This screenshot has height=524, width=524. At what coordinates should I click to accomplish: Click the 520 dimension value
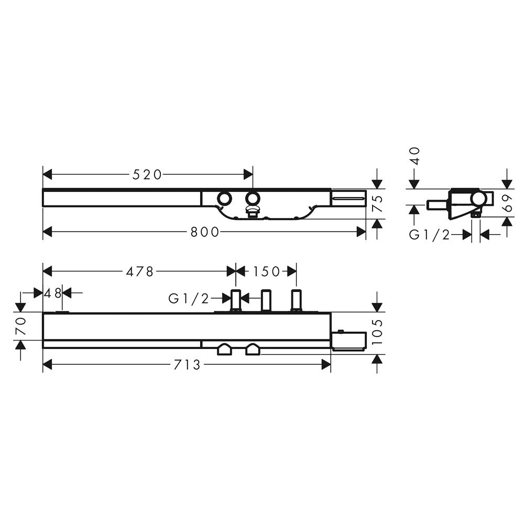click(147, 174)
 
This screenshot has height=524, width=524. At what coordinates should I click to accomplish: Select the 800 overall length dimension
click(204, 232)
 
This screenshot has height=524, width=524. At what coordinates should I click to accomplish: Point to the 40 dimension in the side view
click(415, 156)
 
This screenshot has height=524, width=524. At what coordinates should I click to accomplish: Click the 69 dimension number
click(507, 202)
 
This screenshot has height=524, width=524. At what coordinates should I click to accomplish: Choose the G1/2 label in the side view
click(430, 235)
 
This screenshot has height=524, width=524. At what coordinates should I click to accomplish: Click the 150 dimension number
click(267, 271)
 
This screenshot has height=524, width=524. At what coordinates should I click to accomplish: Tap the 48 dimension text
click(53, 292)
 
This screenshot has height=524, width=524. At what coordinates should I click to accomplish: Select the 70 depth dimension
click(20, 326)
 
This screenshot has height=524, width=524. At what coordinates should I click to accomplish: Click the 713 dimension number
click(188, 365)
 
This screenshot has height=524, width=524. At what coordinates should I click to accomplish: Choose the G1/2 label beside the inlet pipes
click(189, 299)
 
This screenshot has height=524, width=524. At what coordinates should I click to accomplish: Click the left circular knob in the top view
click(225, 199)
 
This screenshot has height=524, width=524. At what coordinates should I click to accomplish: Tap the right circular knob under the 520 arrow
click(253, 199)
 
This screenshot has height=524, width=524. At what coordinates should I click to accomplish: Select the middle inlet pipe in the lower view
click(266, 301)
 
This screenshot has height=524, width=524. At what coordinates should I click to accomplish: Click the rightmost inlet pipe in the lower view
click(296, 301)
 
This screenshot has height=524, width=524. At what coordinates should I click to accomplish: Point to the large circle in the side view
click(477, 199)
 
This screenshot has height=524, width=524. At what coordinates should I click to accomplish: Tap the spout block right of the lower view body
click(348, 341)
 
